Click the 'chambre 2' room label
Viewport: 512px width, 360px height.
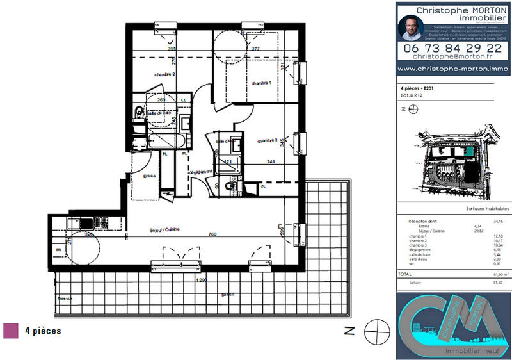point(164,75)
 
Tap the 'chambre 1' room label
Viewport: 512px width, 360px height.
point(261,83)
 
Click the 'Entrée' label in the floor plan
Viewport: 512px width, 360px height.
point(149,176)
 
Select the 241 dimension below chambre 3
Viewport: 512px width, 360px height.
point(271,162)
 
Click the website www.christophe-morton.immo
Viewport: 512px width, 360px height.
point(454,69)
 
